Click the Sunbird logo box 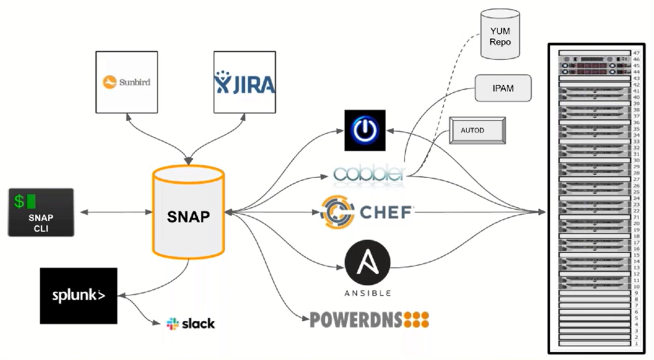click(x=126, y=82)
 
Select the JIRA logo click(x=245, y=82)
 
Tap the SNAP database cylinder click(x=189, y=213)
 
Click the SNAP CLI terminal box click(x=41, y=212)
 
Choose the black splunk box click(x=78, y=295)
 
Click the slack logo click(x=190, y=323)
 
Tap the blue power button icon click(x=365, y=130)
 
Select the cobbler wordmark click(x=368, y=173)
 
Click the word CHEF click(x=385, y=212)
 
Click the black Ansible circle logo click(x=368, y=263)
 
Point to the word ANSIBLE click(x=368, y=293)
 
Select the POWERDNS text click(x=356, y=320)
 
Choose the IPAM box click(x=502, y=88)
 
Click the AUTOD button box click(x=477, y=131)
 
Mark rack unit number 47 click(x=636, y=53)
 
